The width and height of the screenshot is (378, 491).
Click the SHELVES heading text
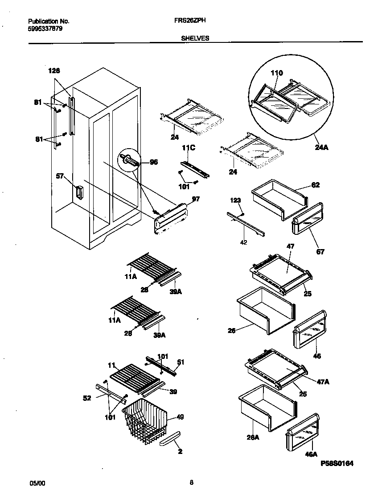point(195,38)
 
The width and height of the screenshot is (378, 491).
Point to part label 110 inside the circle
point(276,73)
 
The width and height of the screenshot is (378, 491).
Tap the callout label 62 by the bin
point(315,184)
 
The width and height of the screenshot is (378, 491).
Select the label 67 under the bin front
point(320,252)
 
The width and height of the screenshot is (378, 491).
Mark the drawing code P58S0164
point(337,464)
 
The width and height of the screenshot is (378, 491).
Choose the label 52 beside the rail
point(87,398)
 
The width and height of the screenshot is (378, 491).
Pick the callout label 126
point(54,71)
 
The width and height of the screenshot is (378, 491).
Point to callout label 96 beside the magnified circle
point(153,162)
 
